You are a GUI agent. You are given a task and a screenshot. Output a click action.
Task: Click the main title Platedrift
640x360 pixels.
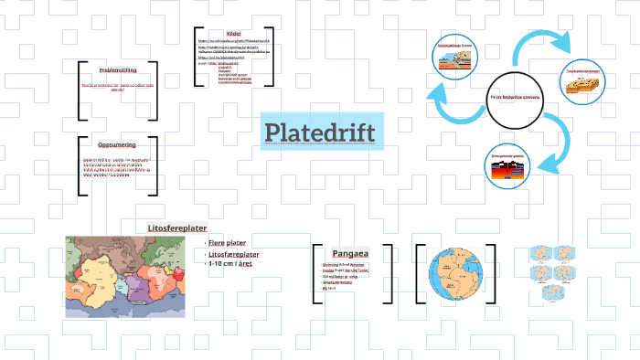tap(320, 132)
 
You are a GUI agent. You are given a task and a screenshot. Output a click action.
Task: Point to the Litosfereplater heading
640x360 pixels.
tap(177, 228)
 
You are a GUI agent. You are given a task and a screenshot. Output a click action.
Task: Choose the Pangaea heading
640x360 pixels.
tap(351, 252)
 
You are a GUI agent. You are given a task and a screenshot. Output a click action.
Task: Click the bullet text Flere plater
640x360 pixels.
tap(229, 243)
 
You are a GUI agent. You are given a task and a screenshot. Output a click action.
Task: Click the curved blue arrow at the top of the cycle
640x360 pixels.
tap(539, 41)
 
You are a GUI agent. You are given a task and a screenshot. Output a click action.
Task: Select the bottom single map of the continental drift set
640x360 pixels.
tap(548, 292)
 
